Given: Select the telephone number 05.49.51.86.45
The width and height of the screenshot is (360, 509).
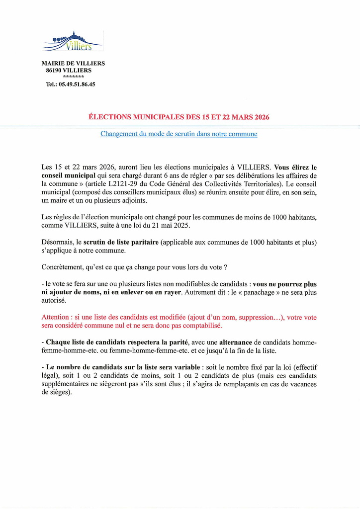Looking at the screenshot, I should pyautogui.click(x=77, y=85).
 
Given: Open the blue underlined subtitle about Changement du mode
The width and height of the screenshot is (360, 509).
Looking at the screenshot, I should pyautogui.click(x=179, y=134).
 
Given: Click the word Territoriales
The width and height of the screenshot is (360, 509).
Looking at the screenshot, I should pyautogui.click(x=260, y=183).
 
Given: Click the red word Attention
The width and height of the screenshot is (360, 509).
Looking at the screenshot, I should pyautogui.click(x=56, y=318).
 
